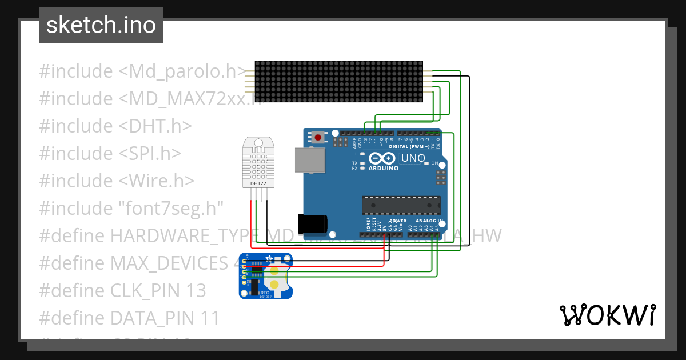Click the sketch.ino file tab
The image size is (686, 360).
(x=101, y=25)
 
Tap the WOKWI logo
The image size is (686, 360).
(x=607, y=315)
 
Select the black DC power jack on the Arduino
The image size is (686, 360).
(x=312, y=223)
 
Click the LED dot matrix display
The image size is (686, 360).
(x=338, y=82)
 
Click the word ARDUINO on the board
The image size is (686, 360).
(x=383, y=168)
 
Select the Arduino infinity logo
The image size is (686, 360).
(x=382, y=158)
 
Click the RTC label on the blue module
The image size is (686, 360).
(x=265, y=292)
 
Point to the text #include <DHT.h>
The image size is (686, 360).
(x=115, y=126)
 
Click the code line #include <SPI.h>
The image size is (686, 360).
(x=110, y=153)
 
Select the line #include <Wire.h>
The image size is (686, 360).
(x=117, y=181)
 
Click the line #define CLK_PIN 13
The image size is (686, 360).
(x=122, y=290)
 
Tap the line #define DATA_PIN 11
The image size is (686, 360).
(x=129, y=318)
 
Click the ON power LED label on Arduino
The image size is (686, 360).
(x=434, y=163)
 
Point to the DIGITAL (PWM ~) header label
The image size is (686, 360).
(x=409, y=146)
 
